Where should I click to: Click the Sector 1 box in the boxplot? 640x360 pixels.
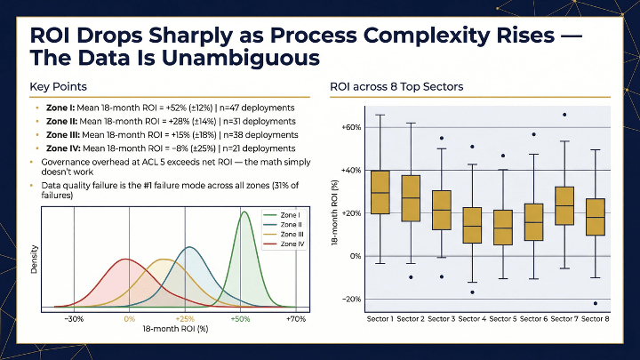point(380,192)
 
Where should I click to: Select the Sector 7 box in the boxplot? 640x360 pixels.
point(564,205)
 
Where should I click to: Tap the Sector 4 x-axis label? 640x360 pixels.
point(472,318)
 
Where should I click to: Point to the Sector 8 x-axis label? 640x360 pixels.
point(595,318)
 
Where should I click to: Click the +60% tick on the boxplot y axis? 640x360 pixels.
point(351,127)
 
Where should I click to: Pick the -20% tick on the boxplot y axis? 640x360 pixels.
point(352,299)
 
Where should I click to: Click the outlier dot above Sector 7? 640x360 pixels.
point(564,115)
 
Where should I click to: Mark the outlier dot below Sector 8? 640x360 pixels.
point(595,303)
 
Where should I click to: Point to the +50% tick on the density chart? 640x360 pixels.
point(240,318)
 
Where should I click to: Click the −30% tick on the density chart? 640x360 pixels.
point(75,318)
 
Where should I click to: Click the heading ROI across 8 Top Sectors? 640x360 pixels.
point(396,87)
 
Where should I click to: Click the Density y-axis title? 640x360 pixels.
point(34,259)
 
